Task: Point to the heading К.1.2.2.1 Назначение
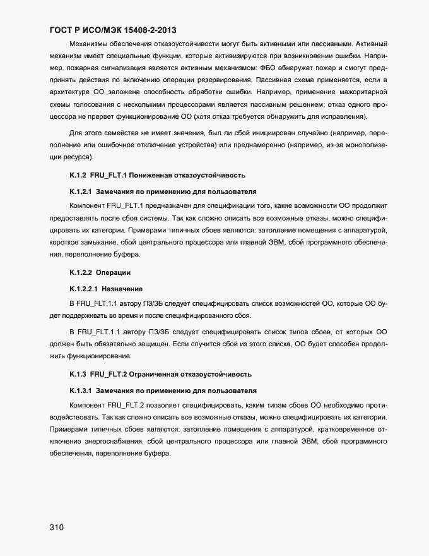[105, 288]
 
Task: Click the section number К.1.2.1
[81, 191]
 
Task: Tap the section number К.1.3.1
[81, 390]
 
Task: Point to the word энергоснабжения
[113, 441]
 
